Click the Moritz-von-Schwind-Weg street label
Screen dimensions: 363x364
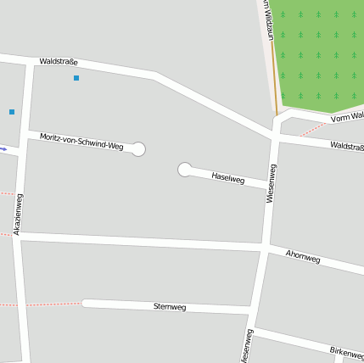point(81,141)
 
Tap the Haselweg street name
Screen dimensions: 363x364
point(227,178)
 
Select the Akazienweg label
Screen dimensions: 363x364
point(18,215)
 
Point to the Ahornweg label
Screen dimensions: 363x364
point(303,256)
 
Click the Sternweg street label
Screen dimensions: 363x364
point(170,306)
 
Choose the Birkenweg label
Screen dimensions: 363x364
point(346,351)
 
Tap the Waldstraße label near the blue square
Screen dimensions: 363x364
point(59,61)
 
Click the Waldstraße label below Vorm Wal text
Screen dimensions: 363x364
point(347,147)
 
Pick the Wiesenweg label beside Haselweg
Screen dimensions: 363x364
point(271,182)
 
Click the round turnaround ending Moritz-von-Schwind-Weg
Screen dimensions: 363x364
point(139,149)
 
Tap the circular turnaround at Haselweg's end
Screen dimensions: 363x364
point(184,170)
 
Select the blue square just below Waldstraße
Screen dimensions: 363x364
point(76,78)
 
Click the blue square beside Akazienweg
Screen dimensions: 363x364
point(12,112)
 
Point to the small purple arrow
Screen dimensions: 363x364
point(3,149)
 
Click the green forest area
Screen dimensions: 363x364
point(318,51)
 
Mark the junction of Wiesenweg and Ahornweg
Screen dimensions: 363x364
point(265,246)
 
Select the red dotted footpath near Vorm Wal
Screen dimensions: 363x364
point(311,127)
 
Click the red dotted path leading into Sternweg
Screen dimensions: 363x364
point(51,303)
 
